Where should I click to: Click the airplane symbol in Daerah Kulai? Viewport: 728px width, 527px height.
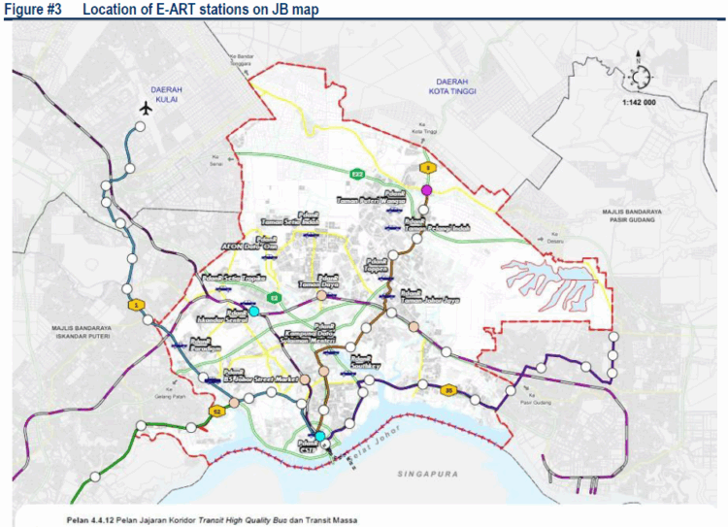click(x=147, y=107)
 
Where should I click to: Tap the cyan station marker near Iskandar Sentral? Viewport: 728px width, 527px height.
click(x=254, y=312)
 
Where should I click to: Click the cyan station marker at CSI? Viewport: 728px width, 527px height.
click(x=319, y=436)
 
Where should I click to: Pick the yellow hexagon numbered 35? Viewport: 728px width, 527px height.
click(x=447, y=391)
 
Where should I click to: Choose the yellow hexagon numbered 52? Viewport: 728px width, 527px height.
click(x=218, y=412)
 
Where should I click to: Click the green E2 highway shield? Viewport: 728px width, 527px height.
click(x=275, y=298)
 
